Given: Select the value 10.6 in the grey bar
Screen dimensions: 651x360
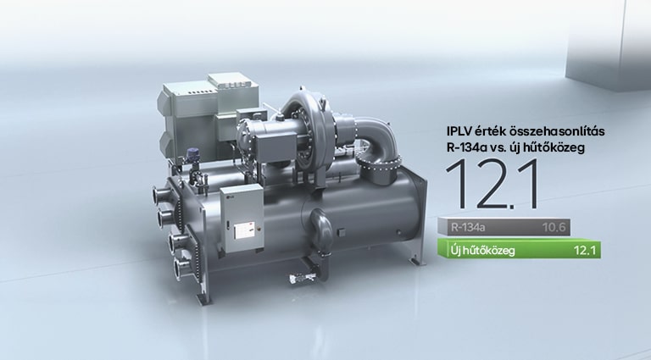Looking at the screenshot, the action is pos(554,227).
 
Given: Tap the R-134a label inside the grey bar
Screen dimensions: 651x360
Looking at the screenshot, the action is pos(468,227).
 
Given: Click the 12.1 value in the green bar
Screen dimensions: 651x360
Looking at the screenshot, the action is pos(585,251).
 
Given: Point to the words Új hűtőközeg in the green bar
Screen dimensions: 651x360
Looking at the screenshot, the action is pos(483,251).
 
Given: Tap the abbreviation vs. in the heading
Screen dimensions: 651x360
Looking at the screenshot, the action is pos(494,147).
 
